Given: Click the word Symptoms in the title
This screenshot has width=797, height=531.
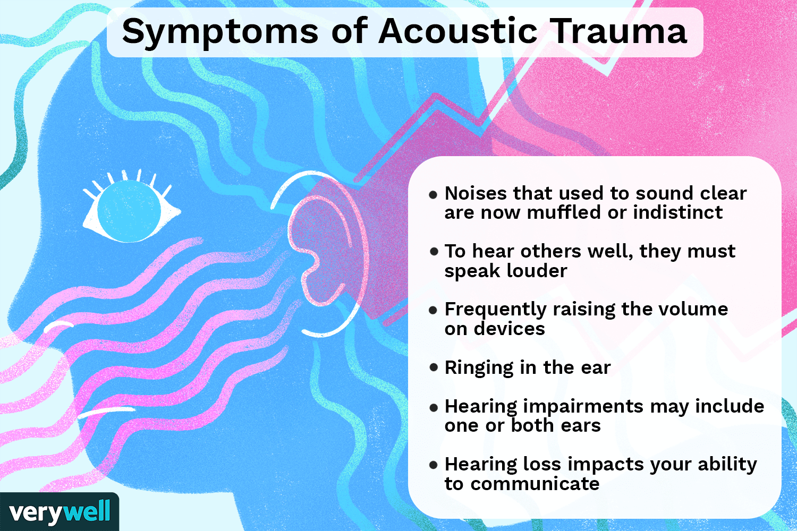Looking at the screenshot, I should pos(219,32).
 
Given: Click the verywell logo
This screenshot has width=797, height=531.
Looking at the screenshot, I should pos(59,512).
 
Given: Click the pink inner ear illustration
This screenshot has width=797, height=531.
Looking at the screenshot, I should pos(319,250).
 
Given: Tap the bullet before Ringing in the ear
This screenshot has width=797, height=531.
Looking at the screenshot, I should pos(434,367).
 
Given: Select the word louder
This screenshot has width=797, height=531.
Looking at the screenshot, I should pos(536,271).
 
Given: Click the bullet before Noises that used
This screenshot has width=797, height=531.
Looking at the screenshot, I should pos(434,194).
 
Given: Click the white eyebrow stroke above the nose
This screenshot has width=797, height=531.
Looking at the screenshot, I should pos(58,326).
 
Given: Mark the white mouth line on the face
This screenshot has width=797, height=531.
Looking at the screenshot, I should pos(106,412).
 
